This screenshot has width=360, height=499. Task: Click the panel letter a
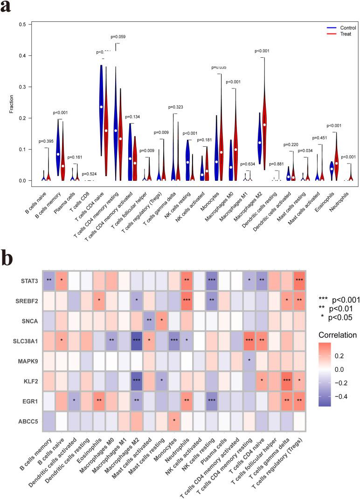(6, 8)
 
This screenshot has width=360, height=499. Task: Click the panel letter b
(7, 257)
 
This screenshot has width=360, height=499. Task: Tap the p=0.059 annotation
(118, 36)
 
